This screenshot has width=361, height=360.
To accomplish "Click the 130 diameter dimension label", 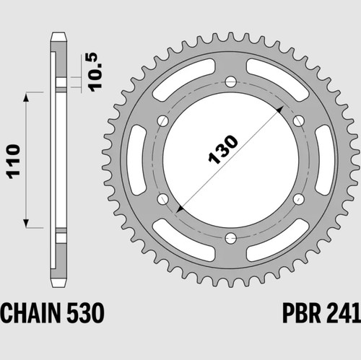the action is [x=223, y=150].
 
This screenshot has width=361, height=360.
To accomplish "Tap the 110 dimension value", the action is [x=14, y=162].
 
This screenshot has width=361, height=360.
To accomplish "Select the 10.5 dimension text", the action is [x=93, y=72].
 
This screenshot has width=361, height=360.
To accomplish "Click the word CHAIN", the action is [x=30, y=312].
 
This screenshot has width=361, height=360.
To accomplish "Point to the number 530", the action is [x=85, y=312].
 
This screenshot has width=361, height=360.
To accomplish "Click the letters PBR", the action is [x=302, y=312].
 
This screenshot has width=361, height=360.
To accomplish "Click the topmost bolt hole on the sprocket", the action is [x=231, y=82].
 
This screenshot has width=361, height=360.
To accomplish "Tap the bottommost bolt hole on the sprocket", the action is [x=231, y=238].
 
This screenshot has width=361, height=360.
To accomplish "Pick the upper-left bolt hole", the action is [x=163, y=120].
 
